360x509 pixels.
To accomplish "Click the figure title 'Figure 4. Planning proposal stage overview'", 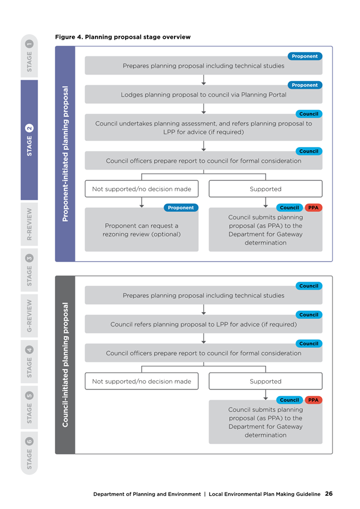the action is (x=123, y=37).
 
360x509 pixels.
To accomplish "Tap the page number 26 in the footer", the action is (x=329, y=494).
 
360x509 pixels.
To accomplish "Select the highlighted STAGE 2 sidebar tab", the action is (x=29, y=140).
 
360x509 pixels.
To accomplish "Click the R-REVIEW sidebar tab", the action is (x=29, y=224).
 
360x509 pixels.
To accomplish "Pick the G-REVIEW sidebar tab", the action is (x=29, y=315).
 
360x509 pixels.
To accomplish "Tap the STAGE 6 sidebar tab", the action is (x=29, y=453).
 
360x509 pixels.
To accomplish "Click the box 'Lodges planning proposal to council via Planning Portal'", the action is (x=204, y=94).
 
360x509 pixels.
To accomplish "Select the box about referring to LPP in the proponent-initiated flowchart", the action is (x=204, y=127).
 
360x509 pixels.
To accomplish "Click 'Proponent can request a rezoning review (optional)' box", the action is (x=142, y=230).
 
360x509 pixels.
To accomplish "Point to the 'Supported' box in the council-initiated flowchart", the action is (x=266, y=381).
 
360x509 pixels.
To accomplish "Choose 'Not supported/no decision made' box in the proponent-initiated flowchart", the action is (x=142, y=189).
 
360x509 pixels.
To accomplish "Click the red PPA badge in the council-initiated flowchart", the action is (x=313, y=400).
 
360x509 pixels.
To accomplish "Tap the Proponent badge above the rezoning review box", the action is (x=181, y=208).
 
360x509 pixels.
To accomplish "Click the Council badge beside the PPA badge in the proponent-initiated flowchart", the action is (x=290, y=208).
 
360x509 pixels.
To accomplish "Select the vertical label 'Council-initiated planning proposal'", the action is (x=65, y=365).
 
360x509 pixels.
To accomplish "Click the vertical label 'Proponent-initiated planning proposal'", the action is (x=65, y=154).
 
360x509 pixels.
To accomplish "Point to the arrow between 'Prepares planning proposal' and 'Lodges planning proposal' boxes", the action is (x=204, y=80).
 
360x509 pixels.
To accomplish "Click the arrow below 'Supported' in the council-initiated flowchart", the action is (x=266, y=395).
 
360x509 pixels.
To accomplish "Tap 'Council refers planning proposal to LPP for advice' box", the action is (x=204, y=324).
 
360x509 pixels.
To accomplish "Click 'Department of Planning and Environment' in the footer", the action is (x=147, y=494).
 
